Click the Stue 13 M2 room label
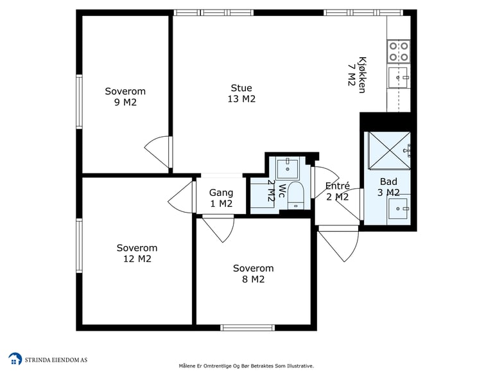241,93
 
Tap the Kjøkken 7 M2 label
357,75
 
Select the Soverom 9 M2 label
125,96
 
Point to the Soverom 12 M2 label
137,253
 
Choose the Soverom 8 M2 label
254,274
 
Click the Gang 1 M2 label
221,198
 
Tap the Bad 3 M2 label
388,187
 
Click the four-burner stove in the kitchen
399,52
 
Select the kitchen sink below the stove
398,77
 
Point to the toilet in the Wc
295,195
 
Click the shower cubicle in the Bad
389,150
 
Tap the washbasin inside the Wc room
287,169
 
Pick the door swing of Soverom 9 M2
158,152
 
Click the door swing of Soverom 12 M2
182,197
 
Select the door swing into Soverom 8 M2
219,229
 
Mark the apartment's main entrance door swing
339,244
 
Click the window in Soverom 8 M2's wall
247,328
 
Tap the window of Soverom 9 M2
79,101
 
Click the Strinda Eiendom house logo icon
15,359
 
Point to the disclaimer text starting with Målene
246,366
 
